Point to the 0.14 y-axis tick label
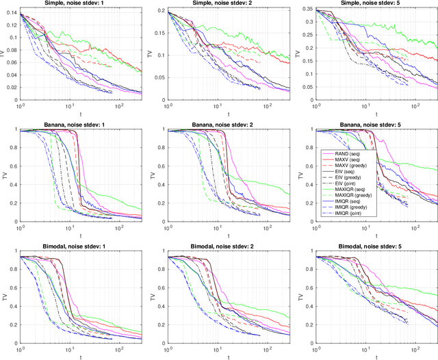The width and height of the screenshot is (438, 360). pos(11,14)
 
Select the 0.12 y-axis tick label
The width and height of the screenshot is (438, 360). pos(11,27)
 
